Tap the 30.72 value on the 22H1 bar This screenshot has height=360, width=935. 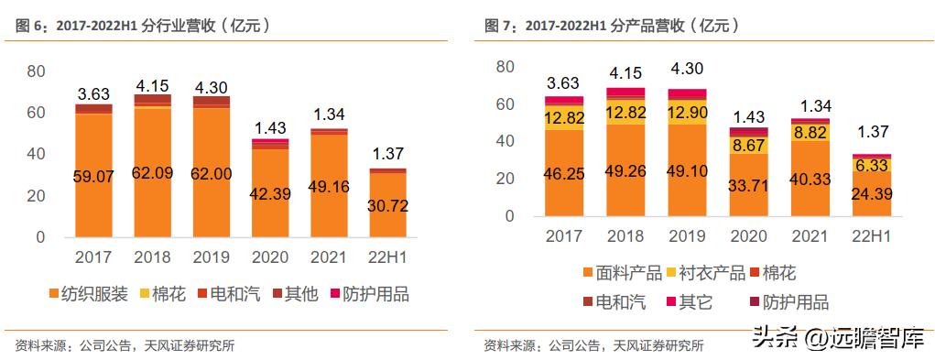388,206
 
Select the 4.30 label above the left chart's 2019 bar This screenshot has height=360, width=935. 212,88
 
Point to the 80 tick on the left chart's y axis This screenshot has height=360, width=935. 35,71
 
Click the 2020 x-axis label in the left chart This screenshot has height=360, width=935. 270,257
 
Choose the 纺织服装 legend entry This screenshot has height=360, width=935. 84,294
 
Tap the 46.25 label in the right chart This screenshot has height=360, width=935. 564,171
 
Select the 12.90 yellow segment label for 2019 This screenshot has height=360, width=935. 687,112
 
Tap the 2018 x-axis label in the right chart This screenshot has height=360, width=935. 625,237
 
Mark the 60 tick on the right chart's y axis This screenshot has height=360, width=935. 503,104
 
